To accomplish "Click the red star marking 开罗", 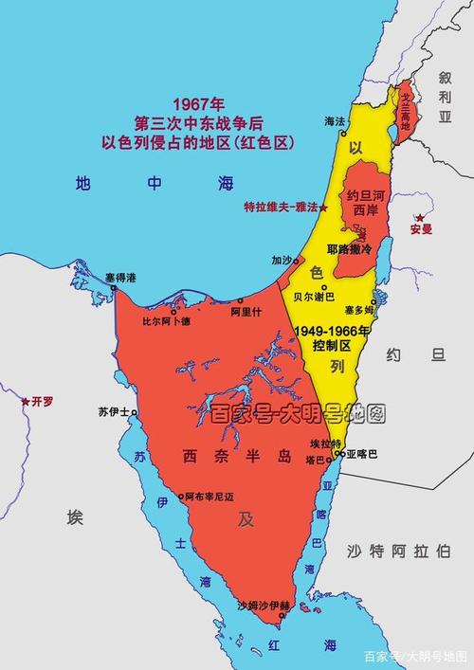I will click(26, 402).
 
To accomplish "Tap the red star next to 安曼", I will click(418, 219).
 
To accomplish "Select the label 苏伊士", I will click(113, 412).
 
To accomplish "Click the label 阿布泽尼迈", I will click(207, 496).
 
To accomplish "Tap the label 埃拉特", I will click(323, 444).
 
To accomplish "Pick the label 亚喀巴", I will click(362, 454).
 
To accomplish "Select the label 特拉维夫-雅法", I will click(280, 207).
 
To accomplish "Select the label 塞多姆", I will click(360, 309).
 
